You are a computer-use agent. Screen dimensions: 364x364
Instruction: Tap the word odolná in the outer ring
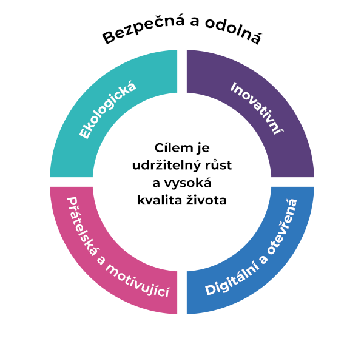click(x=233, y=35)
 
